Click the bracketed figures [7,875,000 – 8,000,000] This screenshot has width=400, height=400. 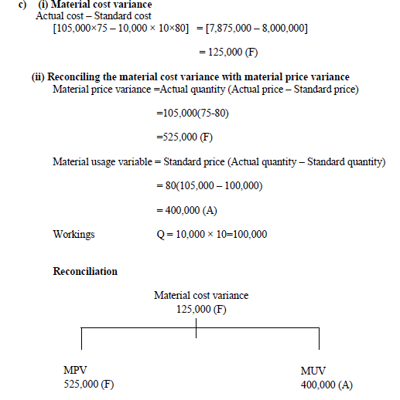click(x=253, y=29)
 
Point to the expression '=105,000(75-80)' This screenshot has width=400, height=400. click(x=192, y=114)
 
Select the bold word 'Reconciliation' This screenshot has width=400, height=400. click(x=85, y=271)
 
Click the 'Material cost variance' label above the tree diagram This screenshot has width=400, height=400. click(x=201, y=295)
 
